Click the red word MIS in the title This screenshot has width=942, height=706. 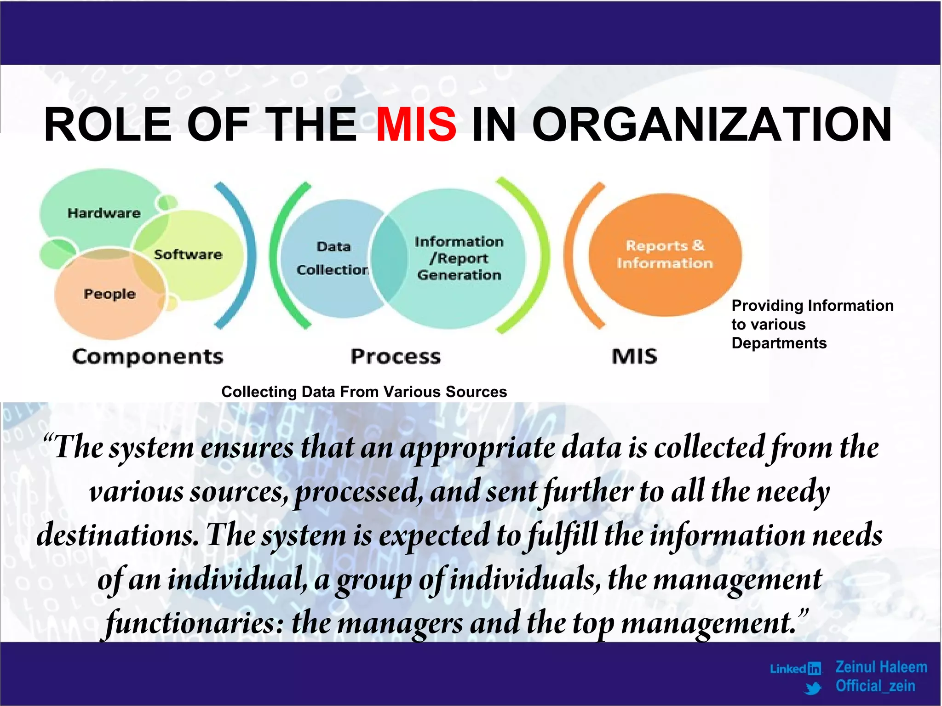click(416, 124)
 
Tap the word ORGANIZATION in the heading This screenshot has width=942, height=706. click(712, 124)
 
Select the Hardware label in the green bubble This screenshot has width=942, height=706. click(104, 213)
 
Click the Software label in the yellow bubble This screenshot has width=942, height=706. click(188, 255)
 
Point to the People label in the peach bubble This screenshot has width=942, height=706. click(109, 294)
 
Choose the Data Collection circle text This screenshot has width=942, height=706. click(333, 258)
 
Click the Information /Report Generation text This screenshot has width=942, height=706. click(459, 258)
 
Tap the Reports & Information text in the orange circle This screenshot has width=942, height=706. click(665, 254)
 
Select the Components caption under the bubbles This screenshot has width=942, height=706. click(148, 357)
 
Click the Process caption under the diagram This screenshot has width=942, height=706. click(396, 357)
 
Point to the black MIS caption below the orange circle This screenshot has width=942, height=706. click(635, 357)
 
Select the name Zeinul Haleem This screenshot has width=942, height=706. click(881, 667)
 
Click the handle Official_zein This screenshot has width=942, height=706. click(875, 686)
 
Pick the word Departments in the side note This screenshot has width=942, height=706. click(779, 343)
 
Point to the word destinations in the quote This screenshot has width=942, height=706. click(117, 535)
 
